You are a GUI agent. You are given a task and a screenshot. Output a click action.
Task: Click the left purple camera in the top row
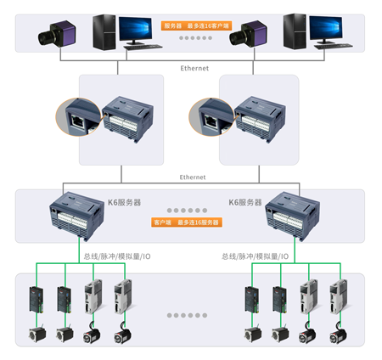(55, 36)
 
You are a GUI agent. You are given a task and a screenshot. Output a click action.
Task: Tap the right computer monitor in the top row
(325, 31)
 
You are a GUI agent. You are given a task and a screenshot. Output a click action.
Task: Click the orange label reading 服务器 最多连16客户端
(196, 25)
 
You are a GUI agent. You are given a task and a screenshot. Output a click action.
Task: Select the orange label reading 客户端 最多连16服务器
(186, 222)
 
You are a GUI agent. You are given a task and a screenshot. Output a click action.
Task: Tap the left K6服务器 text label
(126, 202)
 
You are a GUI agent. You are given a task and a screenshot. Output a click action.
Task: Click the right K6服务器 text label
(246, 202)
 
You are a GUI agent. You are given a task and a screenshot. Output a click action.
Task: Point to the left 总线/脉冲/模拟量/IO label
(116, 256)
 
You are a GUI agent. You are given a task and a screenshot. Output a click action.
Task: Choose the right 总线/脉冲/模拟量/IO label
(255, 256)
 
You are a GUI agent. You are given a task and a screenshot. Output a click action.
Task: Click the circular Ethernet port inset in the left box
(76, 116)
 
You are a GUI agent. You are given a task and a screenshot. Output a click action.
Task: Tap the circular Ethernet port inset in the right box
(209, 116)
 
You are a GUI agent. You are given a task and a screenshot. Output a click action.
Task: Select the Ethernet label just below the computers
(193, 68)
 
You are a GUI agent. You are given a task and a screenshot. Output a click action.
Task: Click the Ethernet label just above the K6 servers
(193, 177)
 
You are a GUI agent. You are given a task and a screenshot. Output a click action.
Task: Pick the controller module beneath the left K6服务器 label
(77, 216)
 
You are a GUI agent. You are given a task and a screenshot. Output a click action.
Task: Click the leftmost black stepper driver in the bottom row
(35, 300)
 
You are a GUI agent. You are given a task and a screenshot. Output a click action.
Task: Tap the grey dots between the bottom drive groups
(187, 315)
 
